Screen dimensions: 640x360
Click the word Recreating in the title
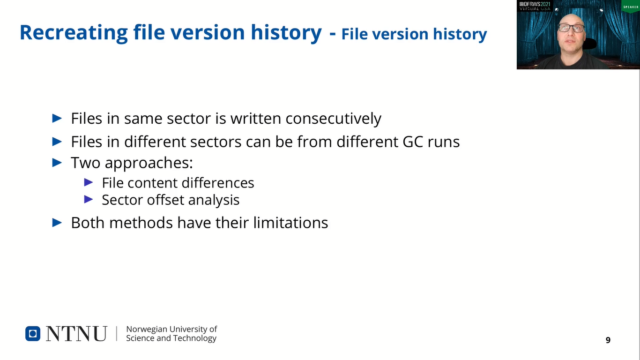(x=74, y=33)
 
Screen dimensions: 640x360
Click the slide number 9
(x=608, y=340)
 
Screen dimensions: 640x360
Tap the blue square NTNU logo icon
(x=33, y=333)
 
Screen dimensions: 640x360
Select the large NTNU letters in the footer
(x=76, y=334)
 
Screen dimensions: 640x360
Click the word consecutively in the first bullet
(x=334, y=119)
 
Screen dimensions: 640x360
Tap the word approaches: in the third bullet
(x=149, y=163)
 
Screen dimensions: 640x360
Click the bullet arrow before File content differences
(x=89, y=182)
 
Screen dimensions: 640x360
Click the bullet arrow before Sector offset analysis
(x=89, y=199)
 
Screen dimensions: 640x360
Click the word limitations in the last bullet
(x=290, y=223)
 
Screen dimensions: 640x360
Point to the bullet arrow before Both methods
(x=57, y=223)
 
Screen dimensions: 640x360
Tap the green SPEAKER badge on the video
(x=631, y=7)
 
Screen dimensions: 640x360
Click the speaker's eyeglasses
(x=571, y=28)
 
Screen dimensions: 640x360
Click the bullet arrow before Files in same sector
(x=57, y=118)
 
